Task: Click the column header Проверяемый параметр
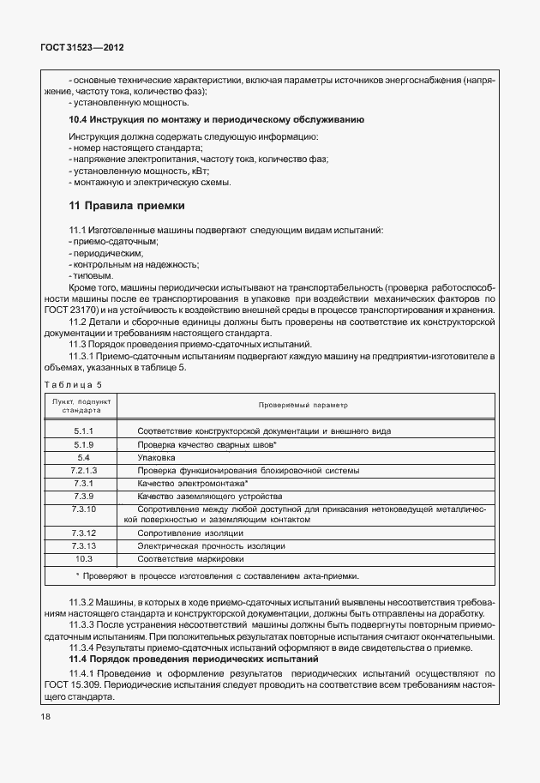305,404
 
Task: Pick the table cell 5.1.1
83,431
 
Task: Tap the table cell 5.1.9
83,445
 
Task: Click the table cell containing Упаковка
156,458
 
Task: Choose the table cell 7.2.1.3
83,471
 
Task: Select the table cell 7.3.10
83,509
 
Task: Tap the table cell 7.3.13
83,545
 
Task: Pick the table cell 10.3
83,558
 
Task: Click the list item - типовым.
90,276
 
